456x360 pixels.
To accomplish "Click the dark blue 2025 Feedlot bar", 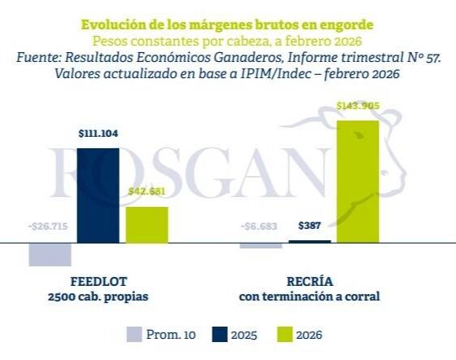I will [x=98, y=195].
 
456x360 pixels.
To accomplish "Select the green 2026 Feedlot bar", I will [x=147, y=225].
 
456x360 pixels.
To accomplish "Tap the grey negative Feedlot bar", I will [x=50, y=254].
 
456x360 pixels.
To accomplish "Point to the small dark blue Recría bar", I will [x=310, y=242].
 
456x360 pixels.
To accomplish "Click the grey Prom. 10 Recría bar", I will [x=261, y=246].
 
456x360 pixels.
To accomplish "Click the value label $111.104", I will [x=99, y=133].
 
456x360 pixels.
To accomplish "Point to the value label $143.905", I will [x=358, y=106].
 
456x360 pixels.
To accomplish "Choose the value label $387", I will [x=310, y=226].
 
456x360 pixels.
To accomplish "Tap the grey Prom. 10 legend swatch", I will [x=135, y=335].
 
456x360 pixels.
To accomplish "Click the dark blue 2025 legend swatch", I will [x=218, y=335].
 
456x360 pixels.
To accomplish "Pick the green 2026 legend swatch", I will [x=284, y=335].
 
